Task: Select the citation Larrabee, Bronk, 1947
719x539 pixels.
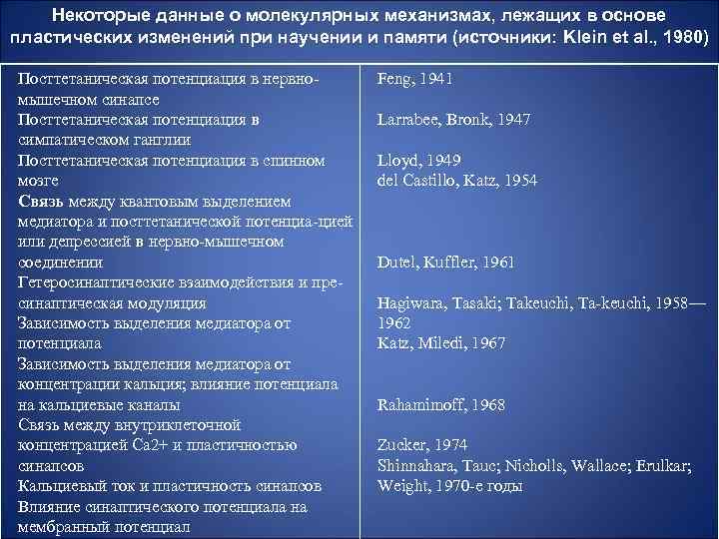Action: click(453, 119)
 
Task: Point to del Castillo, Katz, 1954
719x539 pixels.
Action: click(457, 180)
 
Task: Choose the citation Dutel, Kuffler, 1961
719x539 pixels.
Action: click(445, 263)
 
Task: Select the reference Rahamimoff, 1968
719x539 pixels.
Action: click(440, 405)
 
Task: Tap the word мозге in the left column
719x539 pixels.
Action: click(39, 181)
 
